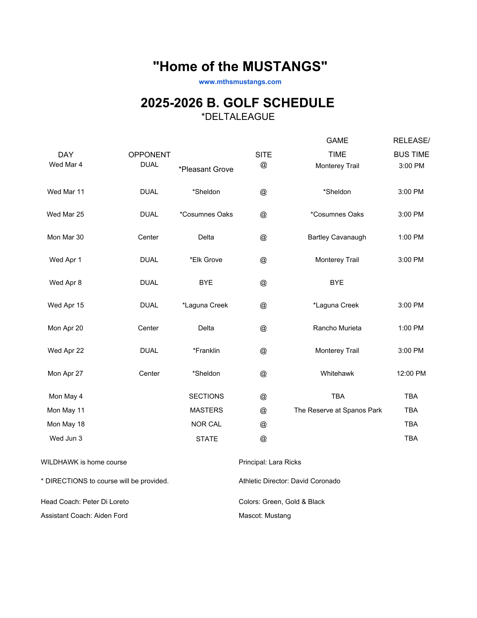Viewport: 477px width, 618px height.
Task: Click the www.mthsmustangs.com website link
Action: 240,82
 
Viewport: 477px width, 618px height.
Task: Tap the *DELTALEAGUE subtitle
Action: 238,117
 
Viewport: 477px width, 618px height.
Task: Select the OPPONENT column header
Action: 149,154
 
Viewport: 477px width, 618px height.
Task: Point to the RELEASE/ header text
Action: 411,141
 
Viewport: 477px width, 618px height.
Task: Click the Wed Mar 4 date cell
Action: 66,165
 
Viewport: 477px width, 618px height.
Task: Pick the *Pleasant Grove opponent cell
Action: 206,169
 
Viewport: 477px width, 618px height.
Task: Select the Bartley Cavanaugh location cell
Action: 337,237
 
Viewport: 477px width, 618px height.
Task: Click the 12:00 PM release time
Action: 411,374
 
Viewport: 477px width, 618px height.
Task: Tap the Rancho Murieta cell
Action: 337,328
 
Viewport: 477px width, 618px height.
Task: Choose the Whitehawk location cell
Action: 337,374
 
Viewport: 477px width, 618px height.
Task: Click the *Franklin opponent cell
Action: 206,351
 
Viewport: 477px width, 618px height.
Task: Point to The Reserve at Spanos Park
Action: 338,410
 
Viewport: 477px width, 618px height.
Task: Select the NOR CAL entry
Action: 206,424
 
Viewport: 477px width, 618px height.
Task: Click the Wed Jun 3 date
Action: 66,438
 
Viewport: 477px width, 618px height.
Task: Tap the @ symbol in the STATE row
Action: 263,439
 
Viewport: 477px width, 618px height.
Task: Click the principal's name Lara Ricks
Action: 285,462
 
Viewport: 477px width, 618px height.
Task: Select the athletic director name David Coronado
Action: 316,481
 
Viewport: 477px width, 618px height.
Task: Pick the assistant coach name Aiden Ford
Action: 111,516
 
